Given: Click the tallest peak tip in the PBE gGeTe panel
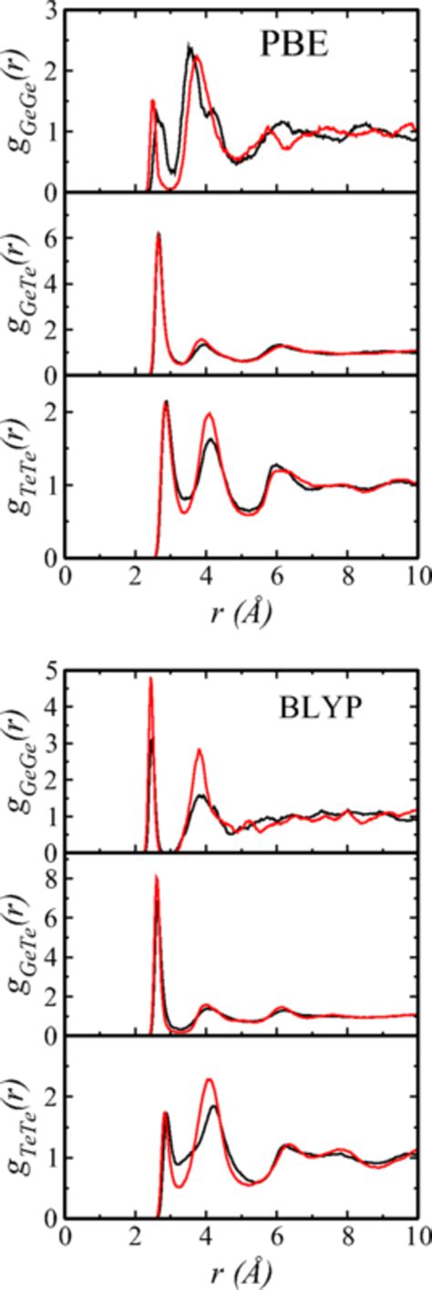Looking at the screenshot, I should click(159, 233).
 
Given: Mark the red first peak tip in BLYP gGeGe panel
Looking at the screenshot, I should click(150, 678).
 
